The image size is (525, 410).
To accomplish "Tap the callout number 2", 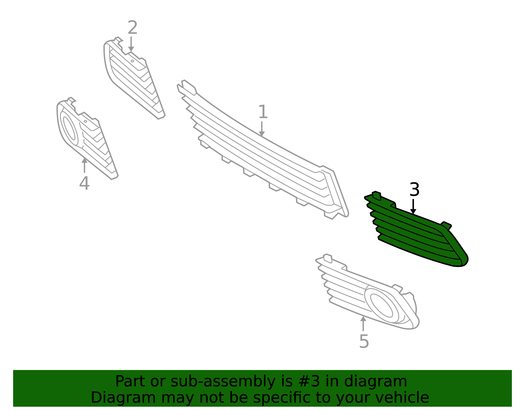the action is (x=132, y=28).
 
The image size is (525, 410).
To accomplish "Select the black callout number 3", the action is (x=414, y=189).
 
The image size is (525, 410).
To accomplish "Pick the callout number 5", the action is (x=364, y=341).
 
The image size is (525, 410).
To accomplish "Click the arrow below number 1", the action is (x=262, y=129).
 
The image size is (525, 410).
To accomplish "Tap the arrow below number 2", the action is (x=131, y=44).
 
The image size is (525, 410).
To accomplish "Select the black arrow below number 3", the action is (x=413, y=206).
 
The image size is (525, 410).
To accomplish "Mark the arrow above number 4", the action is (x=84, y=165).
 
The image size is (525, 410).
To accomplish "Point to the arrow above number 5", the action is (x=363, y=324).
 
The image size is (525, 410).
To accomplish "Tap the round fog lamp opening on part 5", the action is (x=382, y=305).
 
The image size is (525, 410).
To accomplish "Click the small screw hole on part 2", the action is (x=132, y=61).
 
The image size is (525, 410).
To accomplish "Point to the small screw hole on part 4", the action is (x=85, y=121).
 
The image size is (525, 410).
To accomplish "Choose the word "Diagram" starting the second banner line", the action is (x=123, y=398).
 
